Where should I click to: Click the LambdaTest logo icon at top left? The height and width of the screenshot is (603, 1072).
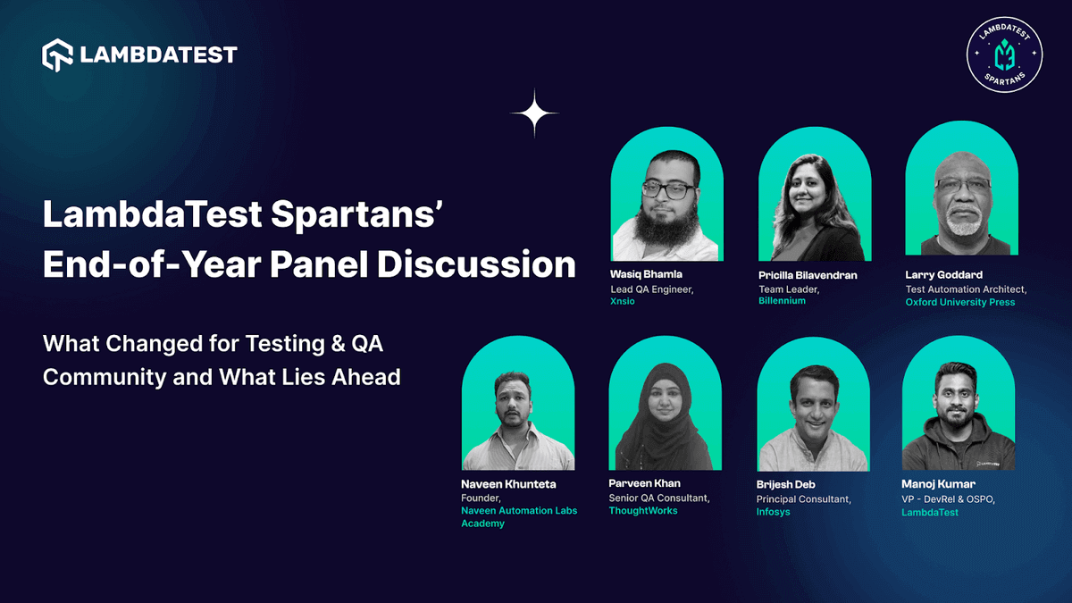pyautogui.click(x=57, y=54)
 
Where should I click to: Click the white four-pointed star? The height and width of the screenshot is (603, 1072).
pyautogui.click(x=535, y=113)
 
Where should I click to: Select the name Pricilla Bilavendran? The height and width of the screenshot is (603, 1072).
pyautogui.click(x=808, y=275)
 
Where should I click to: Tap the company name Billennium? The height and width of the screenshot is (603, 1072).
pyautogui.click(x=782, y=301)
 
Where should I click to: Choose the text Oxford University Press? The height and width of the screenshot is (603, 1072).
pyautogui.click(x=959, y=302)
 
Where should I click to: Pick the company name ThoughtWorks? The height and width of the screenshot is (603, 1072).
pyautogui.click(x=642, y=511)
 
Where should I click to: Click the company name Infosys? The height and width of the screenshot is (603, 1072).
pyautogui.click(x=773, y=512)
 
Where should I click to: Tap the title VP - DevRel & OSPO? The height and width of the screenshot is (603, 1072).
pyautogui.click(x=948, y=498)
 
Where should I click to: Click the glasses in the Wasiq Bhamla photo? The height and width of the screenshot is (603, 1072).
pyautogui.click(x=667, y=189)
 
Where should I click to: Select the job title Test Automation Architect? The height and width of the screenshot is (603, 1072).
pyautogui.click(x=965, y=289)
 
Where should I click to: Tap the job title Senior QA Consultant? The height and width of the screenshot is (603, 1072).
pyautogui.click(x=658, y=498)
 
